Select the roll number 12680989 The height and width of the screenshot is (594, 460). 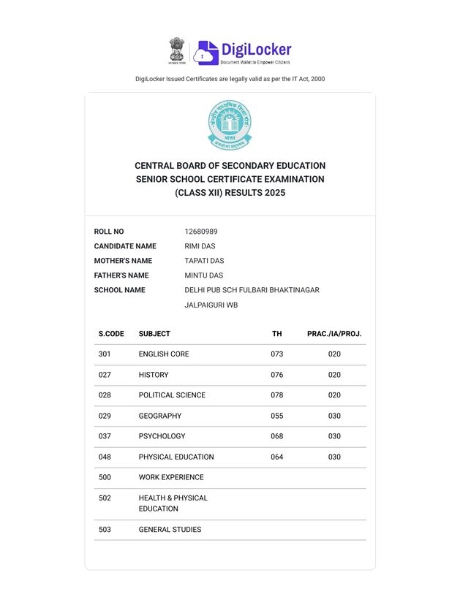201,232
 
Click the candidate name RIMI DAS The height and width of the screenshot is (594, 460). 200,246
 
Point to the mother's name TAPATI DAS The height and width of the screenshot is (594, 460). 204,261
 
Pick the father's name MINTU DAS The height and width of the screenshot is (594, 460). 203,275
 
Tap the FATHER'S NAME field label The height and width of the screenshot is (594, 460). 121,275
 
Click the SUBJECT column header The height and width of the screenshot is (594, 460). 154,334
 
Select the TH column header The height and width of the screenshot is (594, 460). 276,334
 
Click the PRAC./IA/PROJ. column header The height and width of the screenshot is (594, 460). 334,334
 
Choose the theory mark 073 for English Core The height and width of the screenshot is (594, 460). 276,354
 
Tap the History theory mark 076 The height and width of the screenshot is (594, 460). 276,375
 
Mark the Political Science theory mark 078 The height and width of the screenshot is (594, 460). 276,395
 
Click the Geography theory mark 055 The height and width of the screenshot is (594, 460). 276,416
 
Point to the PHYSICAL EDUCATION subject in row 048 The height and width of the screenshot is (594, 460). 176,457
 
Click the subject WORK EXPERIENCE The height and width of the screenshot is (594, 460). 171,477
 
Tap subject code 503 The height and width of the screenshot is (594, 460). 105,530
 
